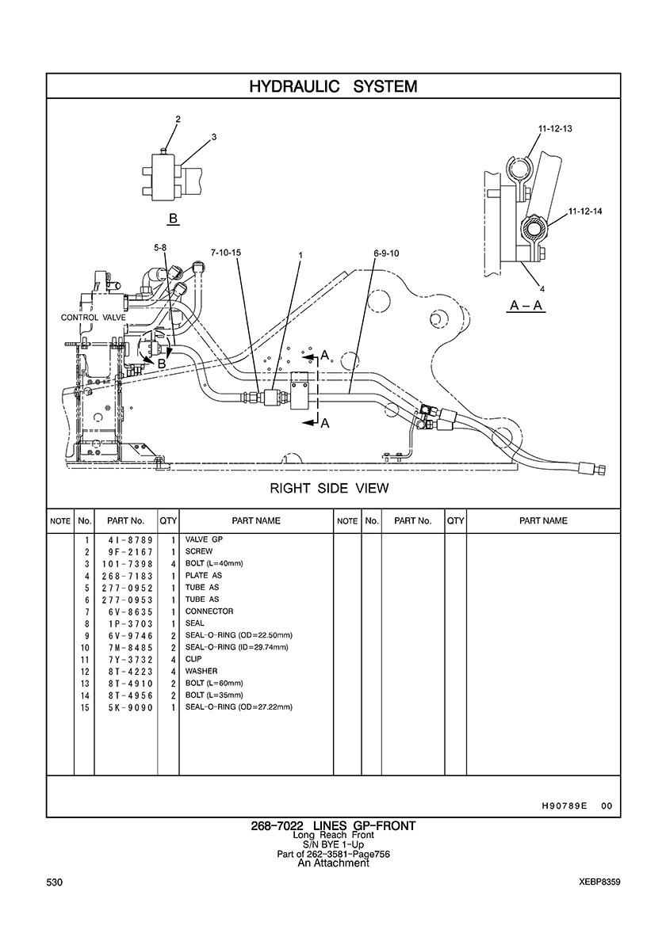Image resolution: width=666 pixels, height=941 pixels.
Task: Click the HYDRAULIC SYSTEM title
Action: pyautogui.click(x=333, y=86)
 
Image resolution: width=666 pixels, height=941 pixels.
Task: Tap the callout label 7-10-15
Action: pyautogui.click(x=226, y=253)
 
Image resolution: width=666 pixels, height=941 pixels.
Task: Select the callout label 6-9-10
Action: pyautogui.click(x=385, y=253)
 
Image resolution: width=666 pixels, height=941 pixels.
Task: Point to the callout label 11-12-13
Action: pyautogui.click(x=555, y=128)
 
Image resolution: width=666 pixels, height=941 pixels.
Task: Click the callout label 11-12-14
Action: pyautogui.click(x=586, y=211)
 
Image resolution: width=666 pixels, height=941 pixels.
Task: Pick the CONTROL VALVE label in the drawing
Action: pyautogui.click(x=93, y=318)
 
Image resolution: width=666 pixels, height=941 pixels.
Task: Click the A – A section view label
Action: pyautogui.click(x=526, y=306)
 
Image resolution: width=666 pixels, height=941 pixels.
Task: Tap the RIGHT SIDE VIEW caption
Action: pyautogui.click(x=329, y=489)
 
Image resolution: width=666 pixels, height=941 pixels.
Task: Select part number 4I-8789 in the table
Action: pyautogui.click(x=127, y=540)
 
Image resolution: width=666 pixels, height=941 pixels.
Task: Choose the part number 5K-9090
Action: pyautogui.click(x=127, y=708)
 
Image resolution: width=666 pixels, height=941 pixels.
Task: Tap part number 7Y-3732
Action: pyautogui.click(x=127, y=660)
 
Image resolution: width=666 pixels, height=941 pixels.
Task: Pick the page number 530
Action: pyautogui.click(x=55, y=882)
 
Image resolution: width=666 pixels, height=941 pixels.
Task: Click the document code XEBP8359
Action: pyautogui.click(x=600, y=882)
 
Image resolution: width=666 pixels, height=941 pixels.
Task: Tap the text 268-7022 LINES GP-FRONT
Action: pyautogui.click(x=333, y=826)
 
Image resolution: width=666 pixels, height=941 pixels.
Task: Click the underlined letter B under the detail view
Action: pyautogui.click(x=173, y=219)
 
